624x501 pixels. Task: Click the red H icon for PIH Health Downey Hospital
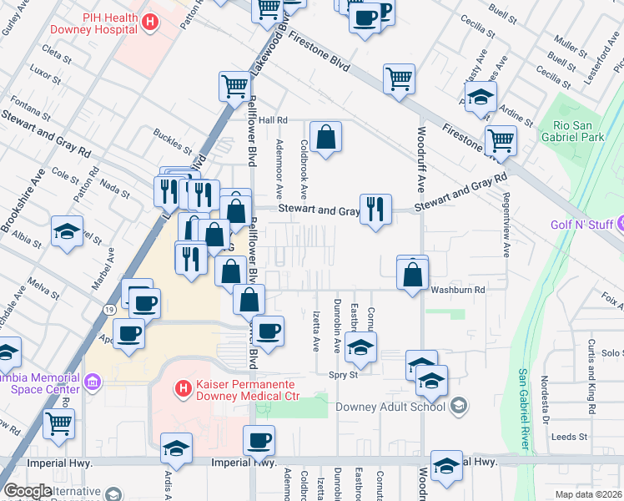[x=150, y=23]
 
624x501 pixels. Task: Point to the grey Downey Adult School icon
[x=458, y=407]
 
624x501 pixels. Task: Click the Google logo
[x=28, y=490]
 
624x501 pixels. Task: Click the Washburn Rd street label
[x=458, y=290]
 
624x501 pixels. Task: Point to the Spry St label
[x=342, y=375]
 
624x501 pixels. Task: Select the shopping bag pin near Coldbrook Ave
[x=325, y=136]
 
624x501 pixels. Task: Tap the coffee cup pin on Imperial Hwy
[x=259, y=441]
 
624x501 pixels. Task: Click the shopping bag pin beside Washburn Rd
[x=413, y=273]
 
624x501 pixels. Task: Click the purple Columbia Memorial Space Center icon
[x=92, y=382]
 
